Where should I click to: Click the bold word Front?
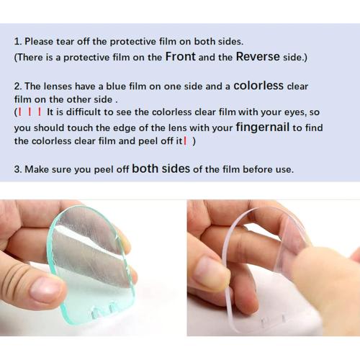pos(181,56)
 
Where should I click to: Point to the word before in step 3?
pos(258,170)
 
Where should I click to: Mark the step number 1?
pos(17,41)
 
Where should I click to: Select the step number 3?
pos(17,170)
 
